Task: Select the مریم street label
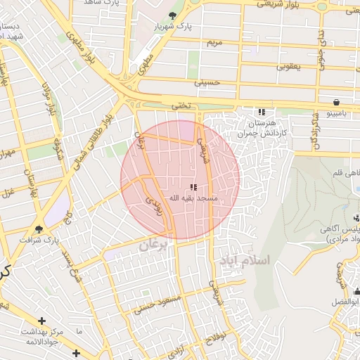(213, 43)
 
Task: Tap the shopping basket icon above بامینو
(337, 101)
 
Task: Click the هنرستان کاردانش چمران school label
(262, 127)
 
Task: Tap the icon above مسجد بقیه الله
(193, 187)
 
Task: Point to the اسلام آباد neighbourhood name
(245, 260)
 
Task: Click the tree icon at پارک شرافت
(39, 229)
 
